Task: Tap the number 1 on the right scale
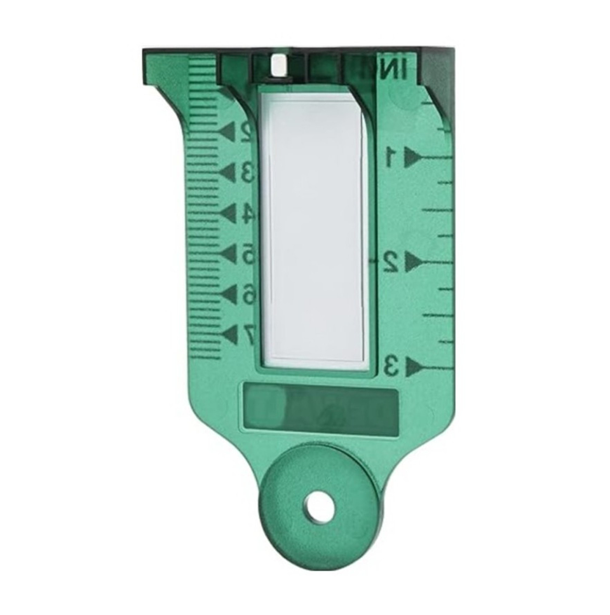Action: [x=392, y=155]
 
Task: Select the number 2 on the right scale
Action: [x=392, y=261]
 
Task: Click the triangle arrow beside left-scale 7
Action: [x=227, y=333]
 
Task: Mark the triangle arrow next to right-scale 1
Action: [x=414, y=155]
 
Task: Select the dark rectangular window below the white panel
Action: [x=321, y=407]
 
